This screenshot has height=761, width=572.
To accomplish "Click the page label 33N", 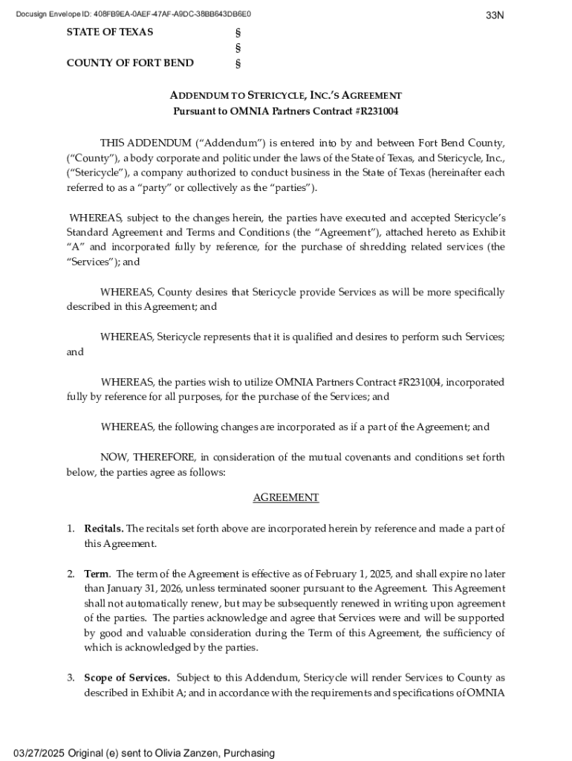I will tap(495, 15).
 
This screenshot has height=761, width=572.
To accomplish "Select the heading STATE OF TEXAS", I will tap(110, 32).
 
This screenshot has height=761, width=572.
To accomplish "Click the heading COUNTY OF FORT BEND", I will tap(130, 62).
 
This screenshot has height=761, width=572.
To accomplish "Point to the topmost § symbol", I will tap(238, 33).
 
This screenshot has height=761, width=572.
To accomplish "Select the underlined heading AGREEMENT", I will tap(286, 498).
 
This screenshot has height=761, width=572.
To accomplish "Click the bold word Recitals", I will tap(103, 528).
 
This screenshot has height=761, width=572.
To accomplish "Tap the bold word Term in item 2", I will tap(97, 574).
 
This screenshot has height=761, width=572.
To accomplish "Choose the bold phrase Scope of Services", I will tap(127, 678).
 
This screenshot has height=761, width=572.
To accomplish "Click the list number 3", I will tap(71, 678).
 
